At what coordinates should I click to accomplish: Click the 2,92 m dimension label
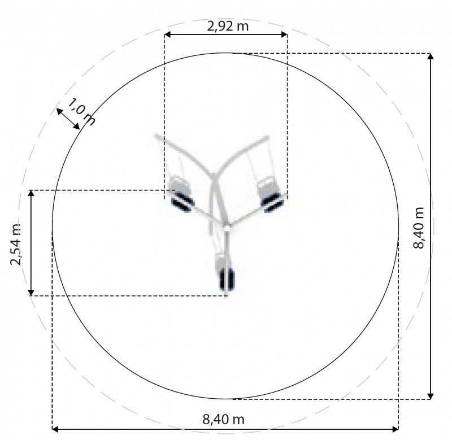[x=228, y=26]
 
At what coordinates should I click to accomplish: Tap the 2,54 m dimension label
[x=16, y=244]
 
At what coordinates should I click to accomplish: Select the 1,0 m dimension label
[x=81, y=112]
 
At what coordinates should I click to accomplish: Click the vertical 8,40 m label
[x=419, y=228]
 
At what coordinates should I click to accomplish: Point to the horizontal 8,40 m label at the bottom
[x=223, y=419]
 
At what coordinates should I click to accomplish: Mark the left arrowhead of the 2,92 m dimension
[x=167, y=34]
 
